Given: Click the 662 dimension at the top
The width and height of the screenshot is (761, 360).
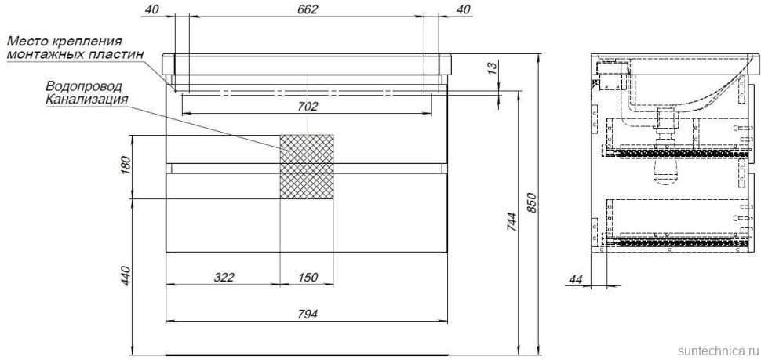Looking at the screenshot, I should click(x=308, y=9).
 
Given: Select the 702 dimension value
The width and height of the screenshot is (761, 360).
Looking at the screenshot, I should click(x=308, y=106).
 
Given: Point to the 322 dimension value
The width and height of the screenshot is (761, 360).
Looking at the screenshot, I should click(x=224, y=277).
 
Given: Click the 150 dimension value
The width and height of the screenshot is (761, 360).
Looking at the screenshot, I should click(x=308, y=277).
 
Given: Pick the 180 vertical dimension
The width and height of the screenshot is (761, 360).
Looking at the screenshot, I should click(x=125, y=167).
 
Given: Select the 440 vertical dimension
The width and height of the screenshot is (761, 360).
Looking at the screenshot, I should click(x=125, y=275).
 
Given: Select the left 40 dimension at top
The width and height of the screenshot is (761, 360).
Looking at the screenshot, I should click(x=152, y=9).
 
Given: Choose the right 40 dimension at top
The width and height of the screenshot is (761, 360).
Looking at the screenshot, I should click(x=464, y=9).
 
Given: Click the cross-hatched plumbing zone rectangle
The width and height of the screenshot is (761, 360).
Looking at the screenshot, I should click(x=308, y=166).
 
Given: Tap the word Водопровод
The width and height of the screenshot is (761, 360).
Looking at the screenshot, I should click(x=84, y=86).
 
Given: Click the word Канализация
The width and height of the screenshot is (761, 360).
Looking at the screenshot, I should click(x=86, y=99).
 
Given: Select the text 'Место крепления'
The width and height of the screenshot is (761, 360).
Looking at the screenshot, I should click(x=64, y=41).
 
